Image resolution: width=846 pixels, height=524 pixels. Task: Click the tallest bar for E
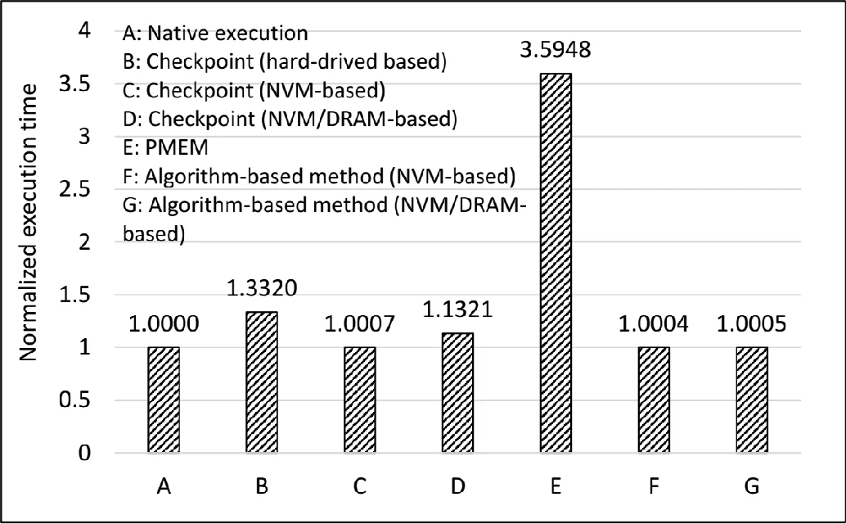pyautogui.click(x=556, y=262)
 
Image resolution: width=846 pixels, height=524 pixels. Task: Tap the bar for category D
pyautogui.click(x=457, y=392)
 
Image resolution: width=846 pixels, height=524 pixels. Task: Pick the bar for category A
pyautogui.click(x=164, y=400)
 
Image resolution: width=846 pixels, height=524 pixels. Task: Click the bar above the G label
pyautogui.click(x=752, y=400)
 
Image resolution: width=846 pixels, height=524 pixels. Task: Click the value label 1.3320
pyautogui.click(x=262, y=289)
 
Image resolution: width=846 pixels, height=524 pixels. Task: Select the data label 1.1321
pyautogui.click(x=457, y=310)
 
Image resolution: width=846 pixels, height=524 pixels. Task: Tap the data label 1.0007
pyautogui.click(x=359, y=324)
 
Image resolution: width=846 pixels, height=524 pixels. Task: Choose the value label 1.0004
pyautogui.click(x=654, y=324)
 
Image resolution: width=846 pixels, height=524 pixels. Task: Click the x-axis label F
pyautogui.click(x=654, y=486)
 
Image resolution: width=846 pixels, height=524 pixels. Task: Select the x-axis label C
pyautogui.click(x=359, y=486)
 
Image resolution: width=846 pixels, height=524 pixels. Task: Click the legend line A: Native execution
pyautogui.click(x=214, y=34)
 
